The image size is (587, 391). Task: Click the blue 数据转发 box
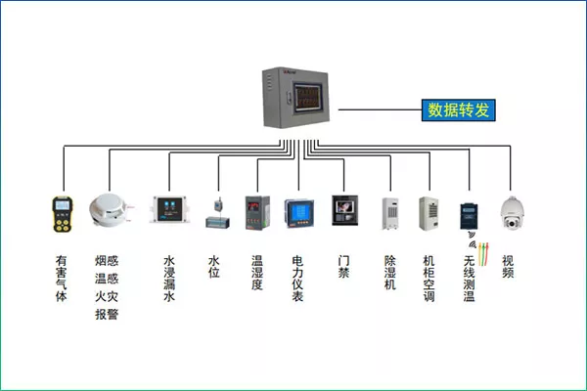click(458, 110)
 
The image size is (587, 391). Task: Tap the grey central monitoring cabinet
click(295, 98)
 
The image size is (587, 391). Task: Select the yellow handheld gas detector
click(63, 214)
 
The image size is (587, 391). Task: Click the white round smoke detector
click(109, 210)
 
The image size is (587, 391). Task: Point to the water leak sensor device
click(169, 209)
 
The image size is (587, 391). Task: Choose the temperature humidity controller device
click(257, 212)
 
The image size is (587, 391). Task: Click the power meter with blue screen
click(298, 213)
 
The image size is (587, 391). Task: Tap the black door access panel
click(344, 210)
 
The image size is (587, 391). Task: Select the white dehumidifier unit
click(390, 213)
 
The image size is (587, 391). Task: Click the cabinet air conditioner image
click(429, 213)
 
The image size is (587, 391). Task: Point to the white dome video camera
click(512, 212)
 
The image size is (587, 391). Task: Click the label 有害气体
click(62, 279)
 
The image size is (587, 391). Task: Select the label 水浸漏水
click(169, 279)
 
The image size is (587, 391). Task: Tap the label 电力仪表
click(297, 279)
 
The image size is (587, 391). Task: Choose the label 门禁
click(343, 267)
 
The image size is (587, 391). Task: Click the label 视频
click(508, 267)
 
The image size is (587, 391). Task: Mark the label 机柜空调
click(429, 279)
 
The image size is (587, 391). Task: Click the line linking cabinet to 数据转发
click(380, 109)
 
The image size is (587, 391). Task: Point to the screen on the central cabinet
click(308, 98)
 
